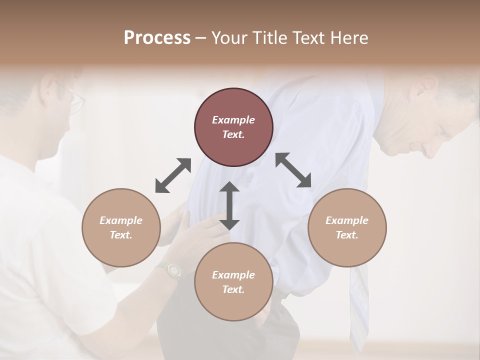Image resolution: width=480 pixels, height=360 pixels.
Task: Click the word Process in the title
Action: (157, 38)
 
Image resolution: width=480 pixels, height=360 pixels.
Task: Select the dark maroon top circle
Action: (233, 127)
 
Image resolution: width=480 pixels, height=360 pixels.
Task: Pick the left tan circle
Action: (121, 227)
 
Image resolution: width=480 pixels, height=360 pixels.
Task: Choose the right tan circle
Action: (347, 227)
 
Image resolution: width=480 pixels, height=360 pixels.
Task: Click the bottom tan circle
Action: (233, 281)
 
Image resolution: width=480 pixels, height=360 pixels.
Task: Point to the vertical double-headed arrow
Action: (229, 205)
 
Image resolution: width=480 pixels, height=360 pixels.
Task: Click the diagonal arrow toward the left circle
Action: (173, 175)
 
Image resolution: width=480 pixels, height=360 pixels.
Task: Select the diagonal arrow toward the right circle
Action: (293, 170)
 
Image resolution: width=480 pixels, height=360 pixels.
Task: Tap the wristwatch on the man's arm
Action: (172, 270)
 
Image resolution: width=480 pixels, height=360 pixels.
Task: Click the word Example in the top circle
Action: (233, 120)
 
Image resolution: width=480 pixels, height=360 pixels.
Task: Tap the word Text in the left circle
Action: (121, 235)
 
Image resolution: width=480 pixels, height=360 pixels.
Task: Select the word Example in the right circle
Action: (347, 220)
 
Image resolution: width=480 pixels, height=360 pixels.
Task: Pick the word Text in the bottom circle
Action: (233, 289)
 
